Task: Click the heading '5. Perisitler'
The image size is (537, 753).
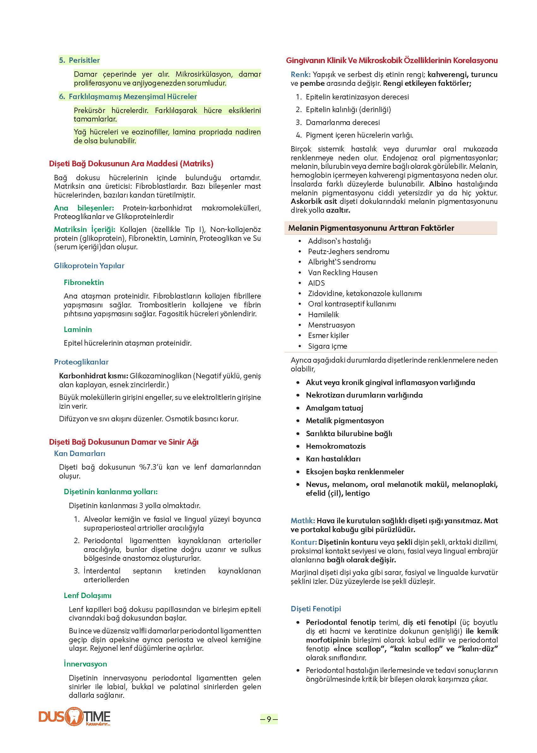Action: point(79,60)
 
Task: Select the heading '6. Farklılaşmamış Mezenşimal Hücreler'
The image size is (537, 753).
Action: point(128,97)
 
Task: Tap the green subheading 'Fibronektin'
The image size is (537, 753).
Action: point(84,282)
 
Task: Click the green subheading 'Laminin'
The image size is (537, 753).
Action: point(78,329)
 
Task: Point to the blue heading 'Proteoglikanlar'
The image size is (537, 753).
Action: point(81,362)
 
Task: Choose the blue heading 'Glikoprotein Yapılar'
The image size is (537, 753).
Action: point(89,266)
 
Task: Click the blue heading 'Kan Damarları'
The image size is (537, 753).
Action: point(79,454)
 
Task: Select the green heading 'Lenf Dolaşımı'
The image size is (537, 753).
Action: point(88,595)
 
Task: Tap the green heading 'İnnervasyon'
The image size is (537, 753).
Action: point(85,664)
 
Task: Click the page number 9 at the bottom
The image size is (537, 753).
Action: point(269,719)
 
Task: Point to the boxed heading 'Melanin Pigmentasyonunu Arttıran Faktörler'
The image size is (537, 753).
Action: point(371,228)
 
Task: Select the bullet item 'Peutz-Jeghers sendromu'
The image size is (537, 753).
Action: point(349,252)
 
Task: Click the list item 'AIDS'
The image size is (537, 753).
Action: point(316,283)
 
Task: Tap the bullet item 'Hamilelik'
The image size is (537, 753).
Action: point(323,314)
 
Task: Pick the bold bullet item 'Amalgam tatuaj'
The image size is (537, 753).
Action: point(334,408)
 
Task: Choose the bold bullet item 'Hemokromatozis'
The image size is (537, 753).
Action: point(336,446)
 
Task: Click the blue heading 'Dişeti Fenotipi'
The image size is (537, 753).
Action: point(316,608)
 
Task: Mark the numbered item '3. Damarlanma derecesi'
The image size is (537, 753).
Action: point(343,122)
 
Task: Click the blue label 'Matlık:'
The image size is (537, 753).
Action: point(302,521)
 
